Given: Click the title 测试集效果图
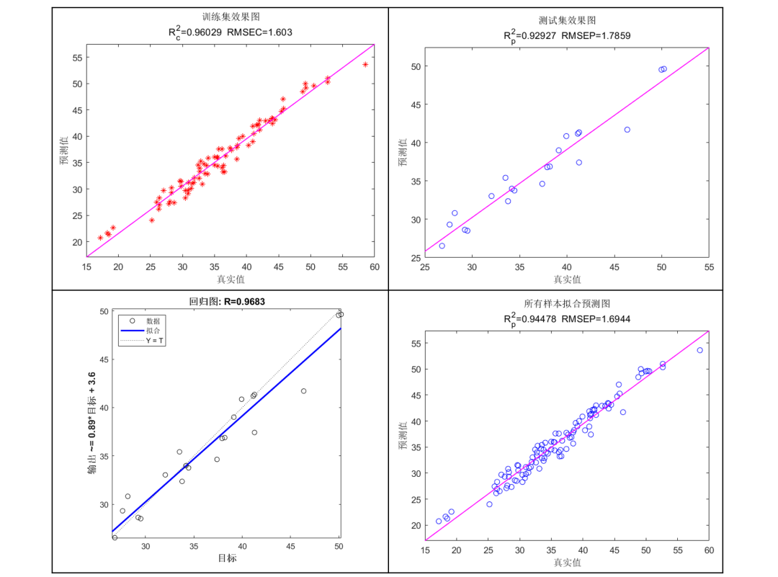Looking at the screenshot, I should tap(567, 20).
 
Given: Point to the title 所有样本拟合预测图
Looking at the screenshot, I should tap(567, 304).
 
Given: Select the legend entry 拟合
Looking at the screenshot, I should tap(153, 330).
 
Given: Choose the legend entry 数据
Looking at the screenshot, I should tap(153, 321).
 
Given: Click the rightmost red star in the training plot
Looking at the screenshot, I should tap(365, 64).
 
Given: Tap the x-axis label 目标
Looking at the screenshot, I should tap(227, 558).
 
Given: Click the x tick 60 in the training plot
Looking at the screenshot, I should tap(375, 267).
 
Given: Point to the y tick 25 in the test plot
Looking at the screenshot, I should tap(414, 257).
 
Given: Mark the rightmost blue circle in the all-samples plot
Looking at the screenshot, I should tap(699, 350).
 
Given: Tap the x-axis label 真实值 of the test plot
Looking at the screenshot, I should tap(567, 279).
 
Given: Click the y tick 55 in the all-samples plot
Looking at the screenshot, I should tap(416, 343).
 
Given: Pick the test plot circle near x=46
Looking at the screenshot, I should tap(627, 130).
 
